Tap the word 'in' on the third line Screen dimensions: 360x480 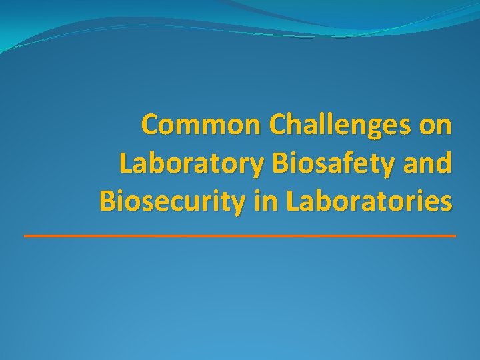(261, 201)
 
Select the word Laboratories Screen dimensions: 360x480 (368, 201)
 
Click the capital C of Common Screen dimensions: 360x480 (151, 125)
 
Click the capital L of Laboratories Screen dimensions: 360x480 (291, 201)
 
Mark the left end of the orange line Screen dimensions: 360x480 (25, 236)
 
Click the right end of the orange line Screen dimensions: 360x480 (455, 236)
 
